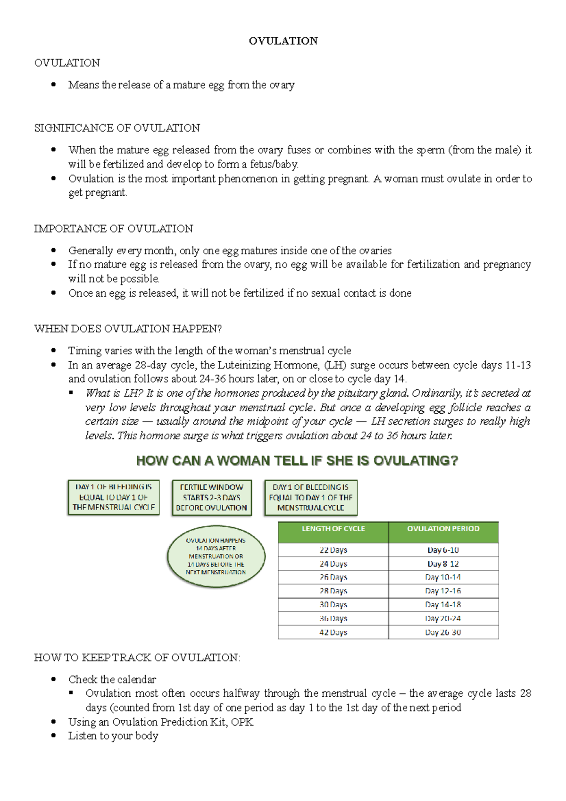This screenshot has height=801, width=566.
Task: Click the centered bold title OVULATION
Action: (283, 41)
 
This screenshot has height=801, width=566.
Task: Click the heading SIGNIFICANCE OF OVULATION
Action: (117, 128)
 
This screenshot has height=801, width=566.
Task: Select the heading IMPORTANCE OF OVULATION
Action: (114, 229)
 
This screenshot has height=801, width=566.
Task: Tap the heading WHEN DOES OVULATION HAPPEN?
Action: (128, 329)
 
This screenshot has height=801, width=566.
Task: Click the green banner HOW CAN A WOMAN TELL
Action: (297, 461)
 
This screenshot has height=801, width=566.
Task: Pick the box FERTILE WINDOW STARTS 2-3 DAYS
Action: (211, 498)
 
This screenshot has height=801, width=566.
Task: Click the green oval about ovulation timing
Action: (216, 556)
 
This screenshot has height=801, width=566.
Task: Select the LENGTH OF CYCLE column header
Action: (333, 529)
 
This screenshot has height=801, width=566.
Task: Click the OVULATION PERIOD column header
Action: (443, 529)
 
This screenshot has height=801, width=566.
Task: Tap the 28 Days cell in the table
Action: (333, 591)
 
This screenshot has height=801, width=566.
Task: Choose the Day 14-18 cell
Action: (443, 605)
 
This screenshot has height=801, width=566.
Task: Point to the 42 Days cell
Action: (333, 633)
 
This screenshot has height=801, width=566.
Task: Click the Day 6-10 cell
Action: (443, 550)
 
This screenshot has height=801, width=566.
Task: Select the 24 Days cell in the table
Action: (333, 564)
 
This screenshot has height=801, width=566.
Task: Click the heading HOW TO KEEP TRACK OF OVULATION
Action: (137, 658)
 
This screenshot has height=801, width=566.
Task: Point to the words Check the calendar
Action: (112, 680)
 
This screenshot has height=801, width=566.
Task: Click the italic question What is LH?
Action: (114, 393)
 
